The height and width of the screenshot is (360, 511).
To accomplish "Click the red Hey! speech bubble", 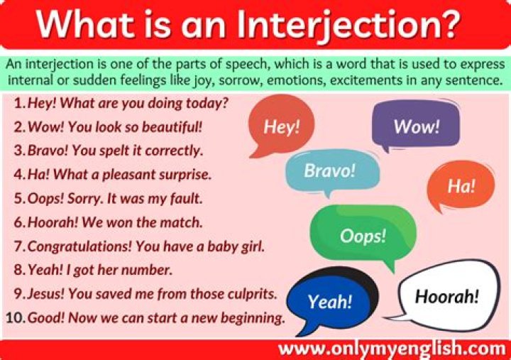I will click(282, 126).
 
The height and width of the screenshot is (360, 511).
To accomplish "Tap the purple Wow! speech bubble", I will click(416, 127).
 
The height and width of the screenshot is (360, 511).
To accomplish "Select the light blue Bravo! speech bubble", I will click(328, 171).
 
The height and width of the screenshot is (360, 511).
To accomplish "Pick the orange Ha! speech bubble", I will click(461, 185).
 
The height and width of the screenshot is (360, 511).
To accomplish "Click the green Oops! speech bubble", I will click(363, 236).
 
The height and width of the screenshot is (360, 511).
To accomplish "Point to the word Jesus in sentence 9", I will click(45, 293).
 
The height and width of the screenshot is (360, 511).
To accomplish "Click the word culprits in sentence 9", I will click(252, 293).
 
